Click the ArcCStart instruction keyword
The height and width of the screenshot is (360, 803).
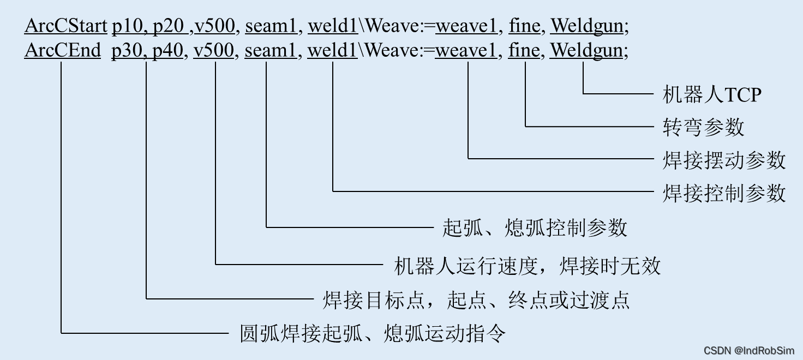click(x=65, y=25)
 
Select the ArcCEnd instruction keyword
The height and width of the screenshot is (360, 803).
click(x=63, y=51)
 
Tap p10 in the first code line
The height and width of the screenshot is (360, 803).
click(x=128, y=25)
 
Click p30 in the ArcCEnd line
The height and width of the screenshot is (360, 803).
click(x=127, y=51)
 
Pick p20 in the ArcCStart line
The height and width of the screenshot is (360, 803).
click(x=167, y=25)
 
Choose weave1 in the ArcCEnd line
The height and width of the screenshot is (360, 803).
click(x=466, y=51)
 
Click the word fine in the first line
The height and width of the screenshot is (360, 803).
click(x=524, y=25)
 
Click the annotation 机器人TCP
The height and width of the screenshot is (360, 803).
click(x=711, y=95)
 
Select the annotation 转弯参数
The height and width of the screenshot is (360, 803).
click(x=703, y=127)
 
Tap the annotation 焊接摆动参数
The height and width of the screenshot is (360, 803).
click(x=724, y=160)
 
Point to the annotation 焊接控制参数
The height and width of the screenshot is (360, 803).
click(x=724, y=193)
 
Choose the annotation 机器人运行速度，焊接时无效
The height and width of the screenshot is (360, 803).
click(x=527, y=266)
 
